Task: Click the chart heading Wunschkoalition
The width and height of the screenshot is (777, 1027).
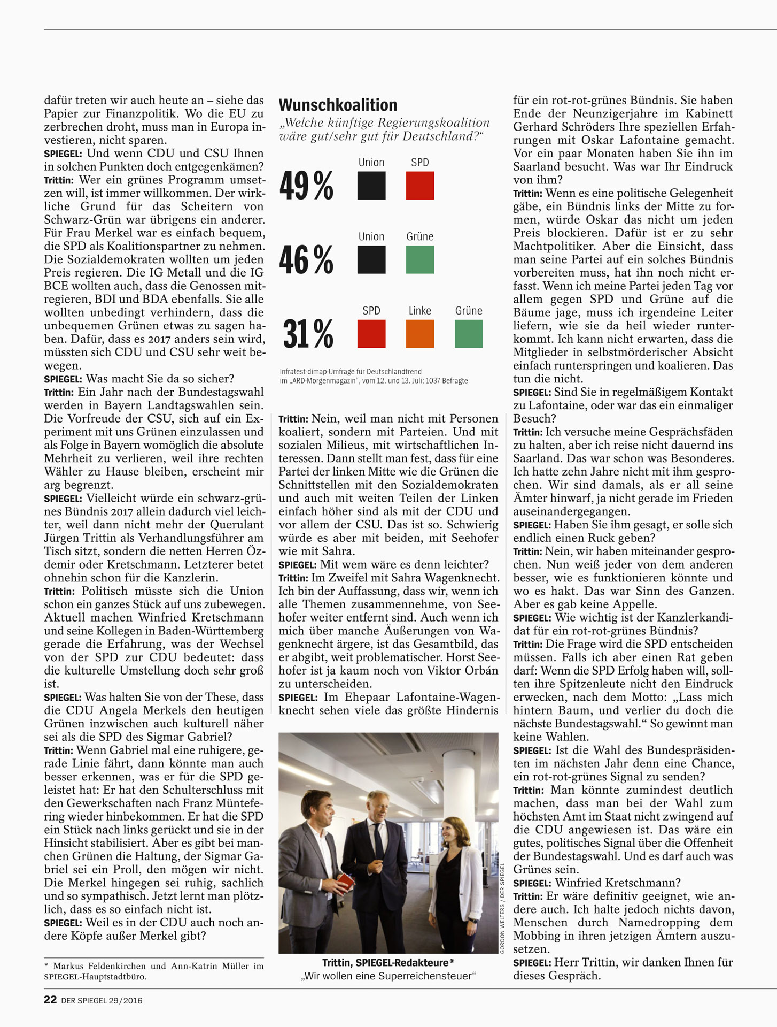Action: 338,104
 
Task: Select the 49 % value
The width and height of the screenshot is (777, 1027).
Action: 306,186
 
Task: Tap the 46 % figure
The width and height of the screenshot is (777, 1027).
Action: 306,260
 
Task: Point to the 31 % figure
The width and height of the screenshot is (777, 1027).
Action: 308,334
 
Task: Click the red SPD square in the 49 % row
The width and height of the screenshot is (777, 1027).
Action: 419,186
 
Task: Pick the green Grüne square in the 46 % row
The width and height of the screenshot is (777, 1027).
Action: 419,260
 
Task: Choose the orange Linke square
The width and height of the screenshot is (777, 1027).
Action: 419,334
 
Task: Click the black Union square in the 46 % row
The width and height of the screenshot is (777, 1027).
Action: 371,260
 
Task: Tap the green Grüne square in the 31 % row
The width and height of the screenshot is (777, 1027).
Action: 468,334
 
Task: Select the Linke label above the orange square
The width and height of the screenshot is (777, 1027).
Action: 419,311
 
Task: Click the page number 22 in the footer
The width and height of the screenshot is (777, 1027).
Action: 50,1000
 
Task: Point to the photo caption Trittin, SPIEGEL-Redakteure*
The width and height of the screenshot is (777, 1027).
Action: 388,963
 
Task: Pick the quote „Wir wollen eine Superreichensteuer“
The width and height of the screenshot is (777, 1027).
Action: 388,976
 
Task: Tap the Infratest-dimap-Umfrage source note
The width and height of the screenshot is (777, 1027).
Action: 351,372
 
